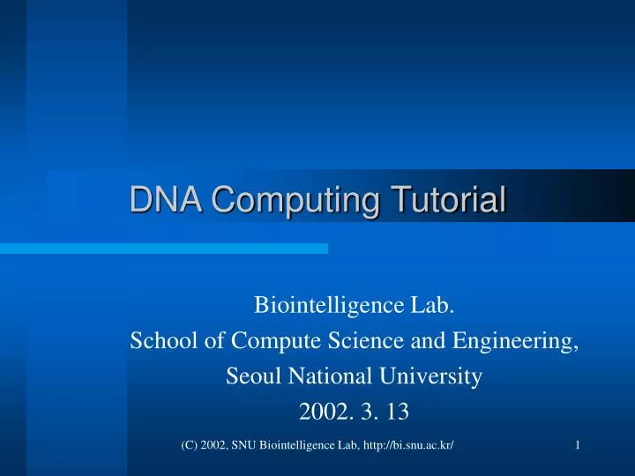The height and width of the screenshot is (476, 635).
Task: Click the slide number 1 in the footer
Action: click(x=577, y=446)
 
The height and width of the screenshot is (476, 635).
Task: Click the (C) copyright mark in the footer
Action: click(x=189, y=446)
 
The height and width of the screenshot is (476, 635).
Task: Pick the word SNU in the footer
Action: click(x=248, y=446)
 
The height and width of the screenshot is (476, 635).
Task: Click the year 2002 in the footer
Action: click(x=214, y=446)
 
